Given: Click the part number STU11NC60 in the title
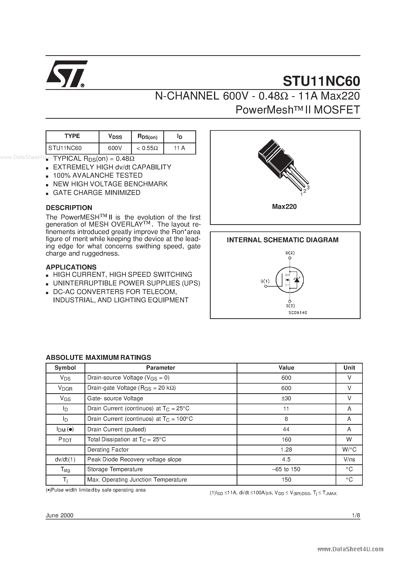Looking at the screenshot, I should point(321,81).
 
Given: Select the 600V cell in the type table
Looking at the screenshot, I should point(115,148).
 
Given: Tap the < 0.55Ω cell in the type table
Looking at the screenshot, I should point(147,148).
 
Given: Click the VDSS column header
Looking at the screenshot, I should point(115,136).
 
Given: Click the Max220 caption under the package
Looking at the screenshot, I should point(284,207).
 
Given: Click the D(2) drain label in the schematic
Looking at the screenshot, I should point(290,253).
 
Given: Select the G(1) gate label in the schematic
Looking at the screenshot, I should point(265,281).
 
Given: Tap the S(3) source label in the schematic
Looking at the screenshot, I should point(290,305).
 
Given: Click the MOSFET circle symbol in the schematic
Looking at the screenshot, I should point(290,280).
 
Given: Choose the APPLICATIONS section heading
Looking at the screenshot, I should point(71,267).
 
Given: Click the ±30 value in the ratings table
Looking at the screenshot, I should point(286,399).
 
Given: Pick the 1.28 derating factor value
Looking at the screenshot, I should point(286,450).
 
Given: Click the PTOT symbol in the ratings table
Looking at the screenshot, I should point(65,440).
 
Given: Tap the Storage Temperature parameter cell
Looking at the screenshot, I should point(115,469).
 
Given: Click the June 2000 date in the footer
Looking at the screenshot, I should point(60,515).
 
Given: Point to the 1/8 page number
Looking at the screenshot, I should point(356,515).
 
